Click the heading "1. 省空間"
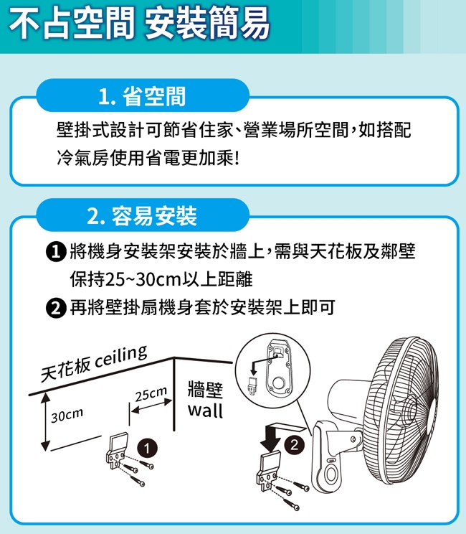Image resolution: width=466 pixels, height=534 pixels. pos(142,96)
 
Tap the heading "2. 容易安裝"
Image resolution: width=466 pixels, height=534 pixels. pos(142,216)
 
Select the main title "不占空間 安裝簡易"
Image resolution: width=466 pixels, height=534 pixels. pos(139,24)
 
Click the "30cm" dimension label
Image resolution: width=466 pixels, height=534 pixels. pos(67,414)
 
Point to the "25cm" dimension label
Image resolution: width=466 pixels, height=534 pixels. pos(151,394)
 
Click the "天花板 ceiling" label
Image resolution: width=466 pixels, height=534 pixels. pos(94,363)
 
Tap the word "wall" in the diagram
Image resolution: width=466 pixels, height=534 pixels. pos(205,410)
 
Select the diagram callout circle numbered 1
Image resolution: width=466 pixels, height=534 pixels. pos(147,448)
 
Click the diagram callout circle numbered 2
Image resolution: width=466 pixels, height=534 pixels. pos(294,444)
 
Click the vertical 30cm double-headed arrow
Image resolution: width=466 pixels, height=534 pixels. pos(46,422)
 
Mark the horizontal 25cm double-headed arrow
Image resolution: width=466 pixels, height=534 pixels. pos(151,407)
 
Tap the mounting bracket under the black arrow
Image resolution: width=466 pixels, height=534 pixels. pos(268,470)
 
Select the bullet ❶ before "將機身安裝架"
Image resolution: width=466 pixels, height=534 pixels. pos(55,252)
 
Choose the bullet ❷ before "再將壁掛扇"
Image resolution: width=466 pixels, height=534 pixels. pos(55,307)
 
